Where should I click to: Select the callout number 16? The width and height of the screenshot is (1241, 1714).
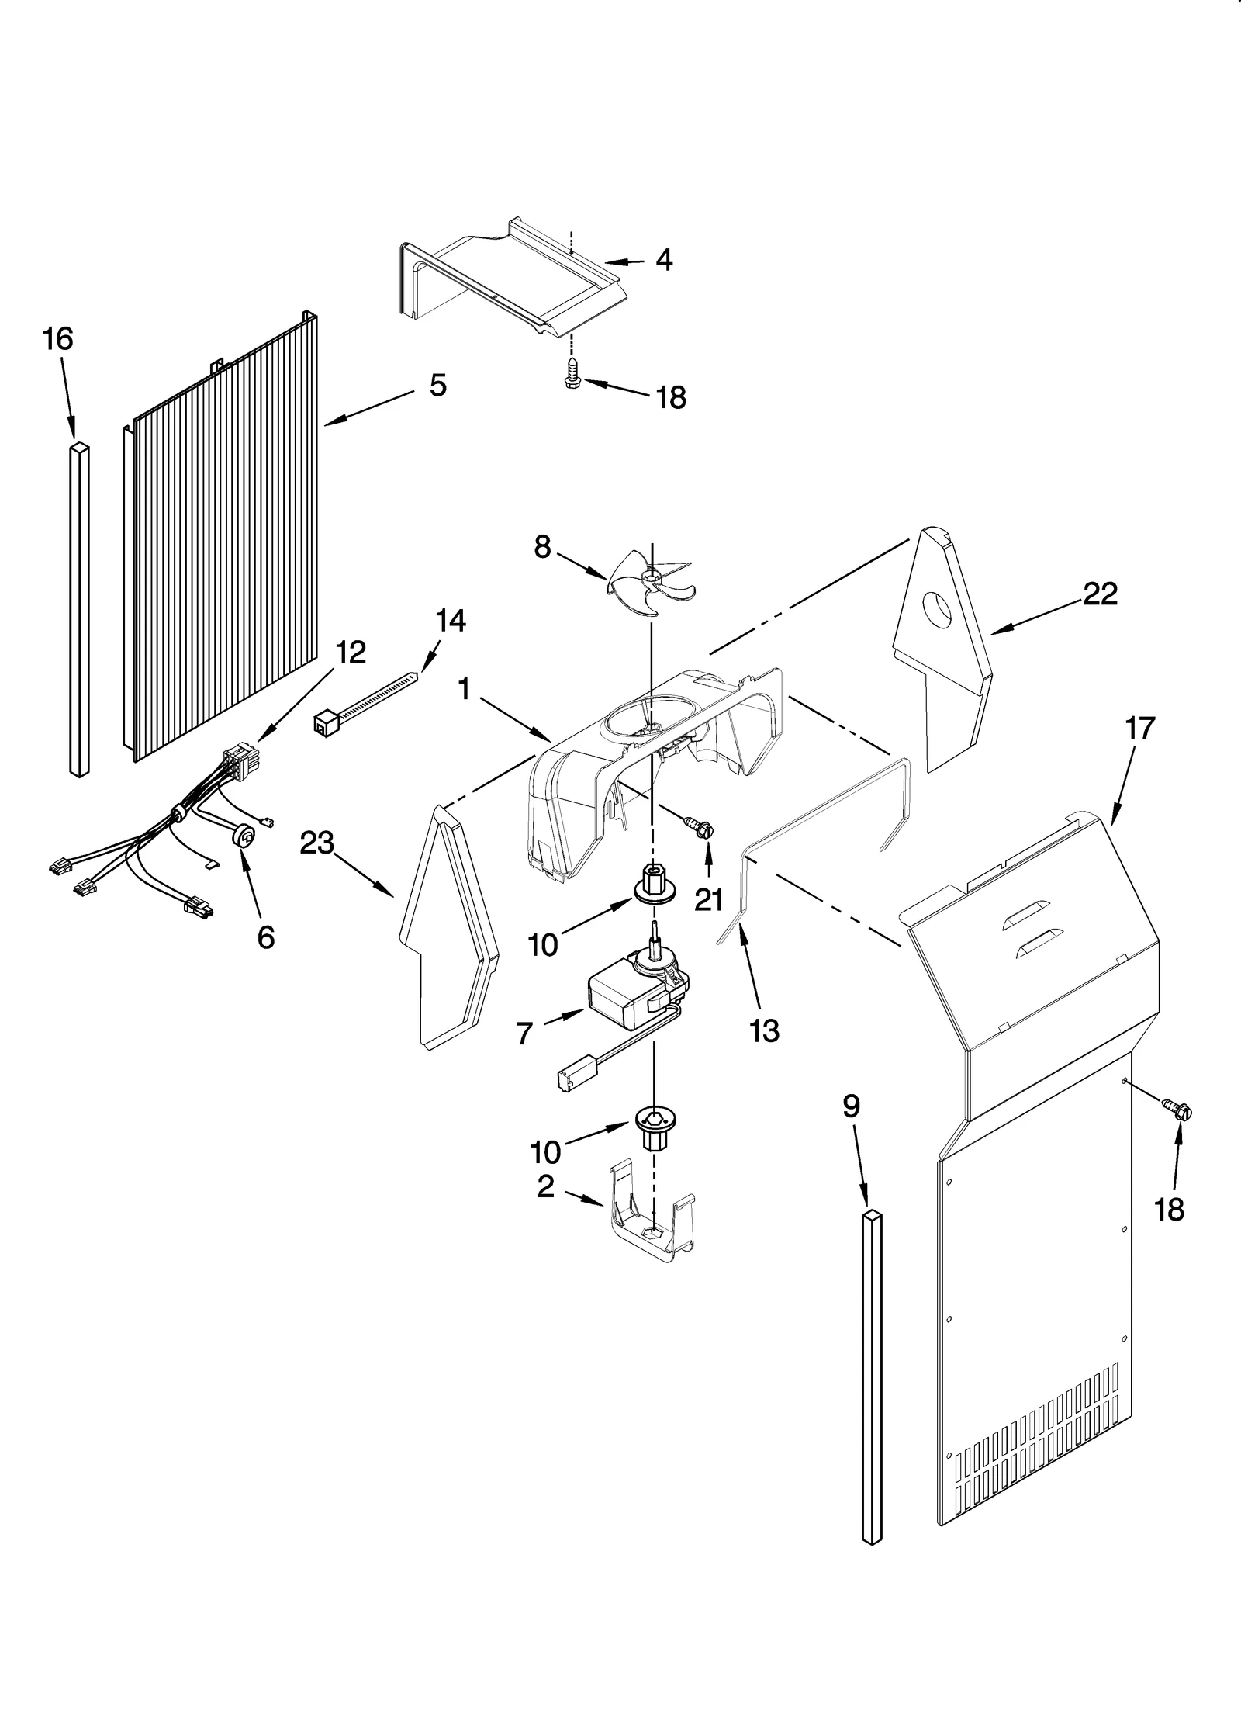coord(57,339)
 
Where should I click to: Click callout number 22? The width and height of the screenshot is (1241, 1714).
coord(1100,594)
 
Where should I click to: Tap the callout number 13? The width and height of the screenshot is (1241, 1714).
coord(765,1031)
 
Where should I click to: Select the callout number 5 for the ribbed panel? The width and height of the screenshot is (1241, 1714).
coord(438,386)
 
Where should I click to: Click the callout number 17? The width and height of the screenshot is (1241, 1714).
coord(1140,728)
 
